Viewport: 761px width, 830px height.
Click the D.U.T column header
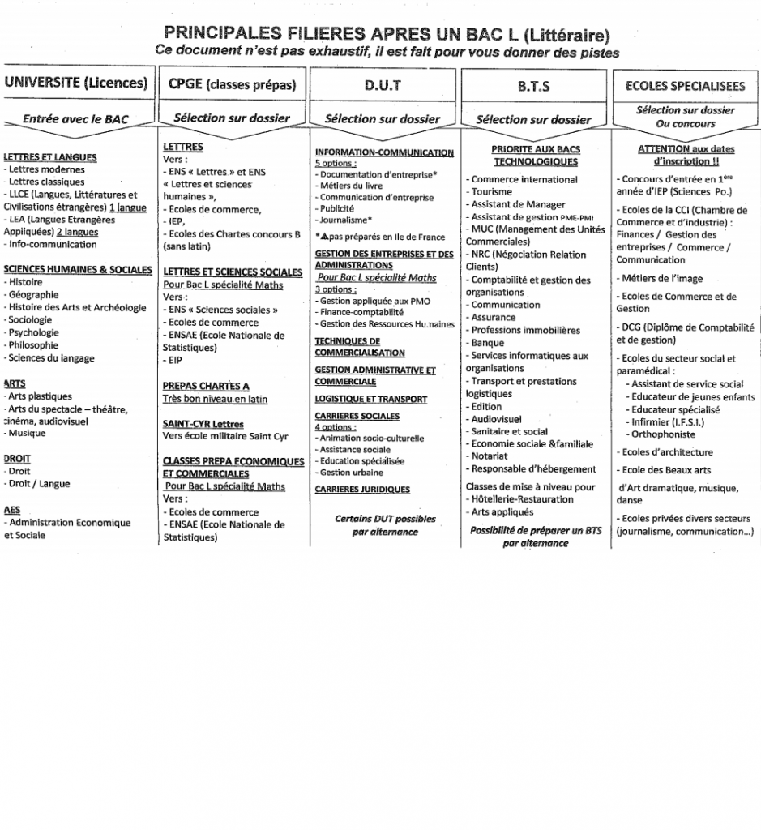383,84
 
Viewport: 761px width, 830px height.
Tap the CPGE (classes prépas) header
232,84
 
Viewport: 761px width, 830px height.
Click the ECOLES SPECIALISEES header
686,85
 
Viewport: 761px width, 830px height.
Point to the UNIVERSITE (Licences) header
76,83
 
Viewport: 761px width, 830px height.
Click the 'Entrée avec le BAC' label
75,119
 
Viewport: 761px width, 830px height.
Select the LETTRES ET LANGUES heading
50,157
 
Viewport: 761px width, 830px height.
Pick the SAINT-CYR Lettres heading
203,424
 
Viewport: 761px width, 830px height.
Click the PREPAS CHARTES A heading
206,386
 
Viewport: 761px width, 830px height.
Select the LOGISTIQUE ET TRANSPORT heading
370,399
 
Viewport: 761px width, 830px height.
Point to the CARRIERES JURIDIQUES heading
362,489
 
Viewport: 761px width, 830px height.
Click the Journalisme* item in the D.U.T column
347,219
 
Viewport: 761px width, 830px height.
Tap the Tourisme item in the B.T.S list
491,192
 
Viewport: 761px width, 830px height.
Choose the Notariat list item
490,456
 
